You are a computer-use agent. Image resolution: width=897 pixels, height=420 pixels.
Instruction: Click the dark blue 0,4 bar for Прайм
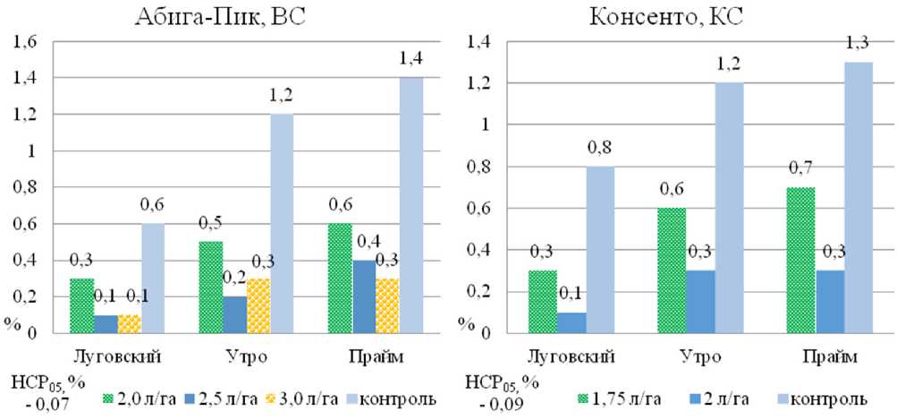point(364,296)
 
